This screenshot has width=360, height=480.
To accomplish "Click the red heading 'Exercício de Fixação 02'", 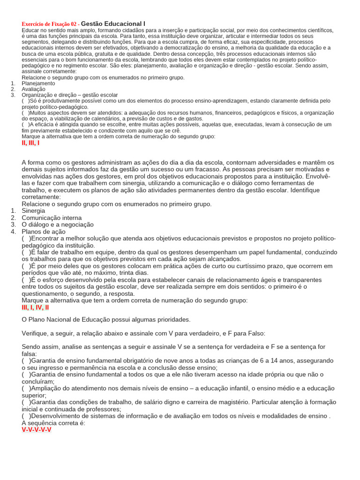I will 51,24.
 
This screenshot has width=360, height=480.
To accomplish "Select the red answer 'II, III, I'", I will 30,143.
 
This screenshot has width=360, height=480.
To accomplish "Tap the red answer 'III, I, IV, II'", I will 35,307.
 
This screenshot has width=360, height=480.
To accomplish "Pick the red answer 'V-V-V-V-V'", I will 37,429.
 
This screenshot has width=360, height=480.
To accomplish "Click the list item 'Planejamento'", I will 38,83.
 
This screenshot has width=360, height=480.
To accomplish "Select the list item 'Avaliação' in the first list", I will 34,89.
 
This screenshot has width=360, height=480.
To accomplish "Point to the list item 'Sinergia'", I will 33,211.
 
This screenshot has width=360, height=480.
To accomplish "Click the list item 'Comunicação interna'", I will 52,218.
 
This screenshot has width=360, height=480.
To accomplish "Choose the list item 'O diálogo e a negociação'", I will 58,225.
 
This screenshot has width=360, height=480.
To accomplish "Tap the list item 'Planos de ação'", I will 44,232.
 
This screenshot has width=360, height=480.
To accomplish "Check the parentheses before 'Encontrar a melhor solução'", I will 26,239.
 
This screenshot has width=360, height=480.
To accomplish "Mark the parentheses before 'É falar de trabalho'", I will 26,252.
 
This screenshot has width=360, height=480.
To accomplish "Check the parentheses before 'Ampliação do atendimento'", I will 26,388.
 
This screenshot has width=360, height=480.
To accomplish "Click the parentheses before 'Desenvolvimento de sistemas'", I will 26,416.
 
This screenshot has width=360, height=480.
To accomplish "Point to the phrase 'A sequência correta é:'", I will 53,422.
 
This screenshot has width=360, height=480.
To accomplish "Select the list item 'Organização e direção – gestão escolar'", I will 70,95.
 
